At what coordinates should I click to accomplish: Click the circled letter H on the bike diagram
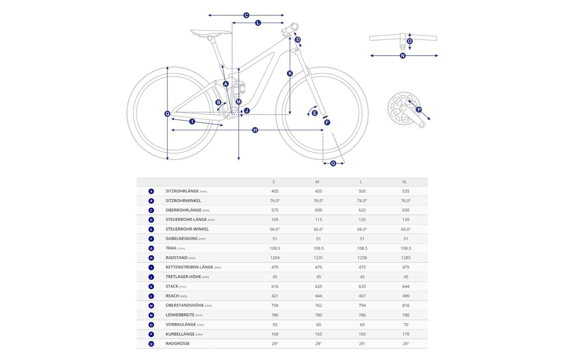tap(255, 130)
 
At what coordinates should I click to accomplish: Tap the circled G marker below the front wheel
tap(333, 163)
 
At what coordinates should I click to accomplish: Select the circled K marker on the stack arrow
tap(290, 73)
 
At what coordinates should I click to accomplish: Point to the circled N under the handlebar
tap(403, 56)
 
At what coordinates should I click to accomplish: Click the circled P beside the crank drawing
tap(419, 110)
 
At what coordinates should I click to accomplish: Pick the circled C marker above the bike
tap(246, 15)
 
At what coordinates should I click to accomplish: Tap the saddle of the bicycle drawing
tap(211, 33)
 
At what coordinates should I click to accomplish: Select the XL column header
tap(405, 182)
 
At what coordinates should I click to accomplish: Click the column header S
tap(274, 182)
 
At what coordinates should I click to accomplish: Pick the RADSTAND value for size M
tap(318, 258)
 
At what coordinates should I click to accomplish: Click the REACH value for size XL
tap(406, 296)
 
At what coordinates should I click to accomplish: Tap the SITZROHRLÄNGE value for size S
tap(275, 191)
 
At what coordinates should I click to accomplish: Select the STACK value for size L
tap(362, 287)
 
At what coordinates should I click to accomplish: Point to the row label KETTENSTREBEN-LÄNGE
tap(189, 267)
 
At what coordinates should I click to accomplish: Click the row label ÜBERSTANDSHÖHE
tap(184, 305)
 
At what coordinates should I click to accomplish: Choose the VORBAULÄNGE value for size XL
tap(406, 325)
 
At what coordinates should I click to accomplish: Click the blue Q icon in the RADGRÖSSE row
tap(151, 344)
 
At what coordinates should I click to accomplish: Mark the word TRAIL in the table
tap(171, 248)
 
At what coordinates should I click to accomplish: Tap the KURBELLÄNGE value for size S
tap(275, 334)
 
